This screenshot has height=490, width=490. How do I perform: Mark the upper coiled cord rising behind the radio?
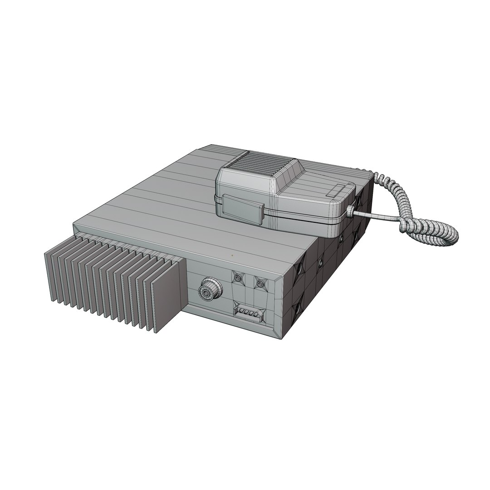tap(399, 191)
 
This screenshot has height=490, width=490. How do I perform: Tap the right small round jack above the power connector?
tap(260, 284)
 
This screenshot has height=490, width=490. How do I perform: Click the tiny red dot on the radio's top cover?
tap(232, 255)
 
